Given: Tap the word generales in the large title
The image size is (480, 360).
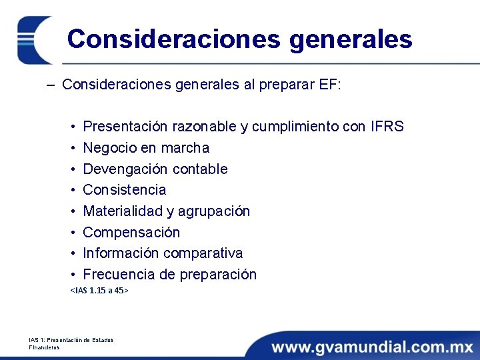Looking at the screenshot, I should click(351, 39).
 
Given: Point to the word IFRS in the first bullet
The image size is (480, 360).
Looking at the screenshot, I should click(387, 127).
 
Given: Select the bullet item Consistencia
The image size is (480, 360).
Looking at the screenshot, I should click(125, 190).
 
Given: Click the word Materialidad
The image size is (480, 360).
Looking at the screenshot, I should click(119, 211).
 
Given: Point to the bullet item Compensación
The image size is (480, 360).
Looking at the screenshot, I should click(131, 233).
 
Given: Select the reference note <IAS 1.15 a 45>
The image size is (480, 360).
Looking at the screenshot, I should click(99, 291).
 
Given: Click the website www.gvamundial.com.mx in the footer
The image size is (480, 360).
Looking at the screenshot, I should click(373, 347).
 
